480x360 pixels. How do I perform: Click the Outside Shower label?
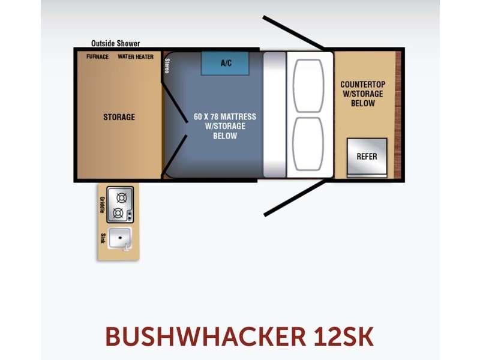[116, 43]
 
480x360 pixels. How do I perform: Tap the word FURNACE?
[98, 56]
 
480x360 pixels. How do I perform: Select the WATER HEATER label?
[136, 56]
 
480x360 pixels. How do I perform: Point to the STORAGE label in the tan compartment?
[119, 117]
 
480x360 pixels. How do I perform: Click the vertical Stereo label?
[167, 66]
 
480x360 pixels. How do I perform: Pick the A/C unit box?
[225, 64]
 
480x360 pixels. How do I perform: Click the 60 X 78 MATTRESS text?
[225, 116]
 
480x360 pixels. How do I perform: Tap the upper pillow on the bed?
[308, 86]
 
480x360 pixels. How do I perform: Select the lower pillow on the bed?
[308, 144]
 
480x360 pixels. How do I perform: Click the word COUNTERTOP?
[363, 84]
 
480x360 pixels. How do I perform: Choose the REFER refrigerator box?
[367, 157]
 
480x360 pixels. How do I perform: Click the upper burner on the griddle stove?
[122, 198]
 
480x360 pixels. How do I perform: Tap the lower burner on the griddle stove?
[118, 213]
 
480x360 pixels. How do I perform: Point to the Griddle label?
[103, 205]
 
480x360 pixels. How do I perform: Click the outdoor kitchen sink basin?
[120, 238]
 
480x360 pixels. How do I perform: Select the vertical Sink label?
[103, 238]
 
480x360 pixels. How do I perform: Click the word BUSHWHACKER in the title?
[205, 337]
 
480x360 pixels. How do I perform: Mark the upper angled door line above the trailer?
[294, 33]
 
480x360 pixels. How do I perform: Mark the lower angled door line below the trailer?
[295, 198]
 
